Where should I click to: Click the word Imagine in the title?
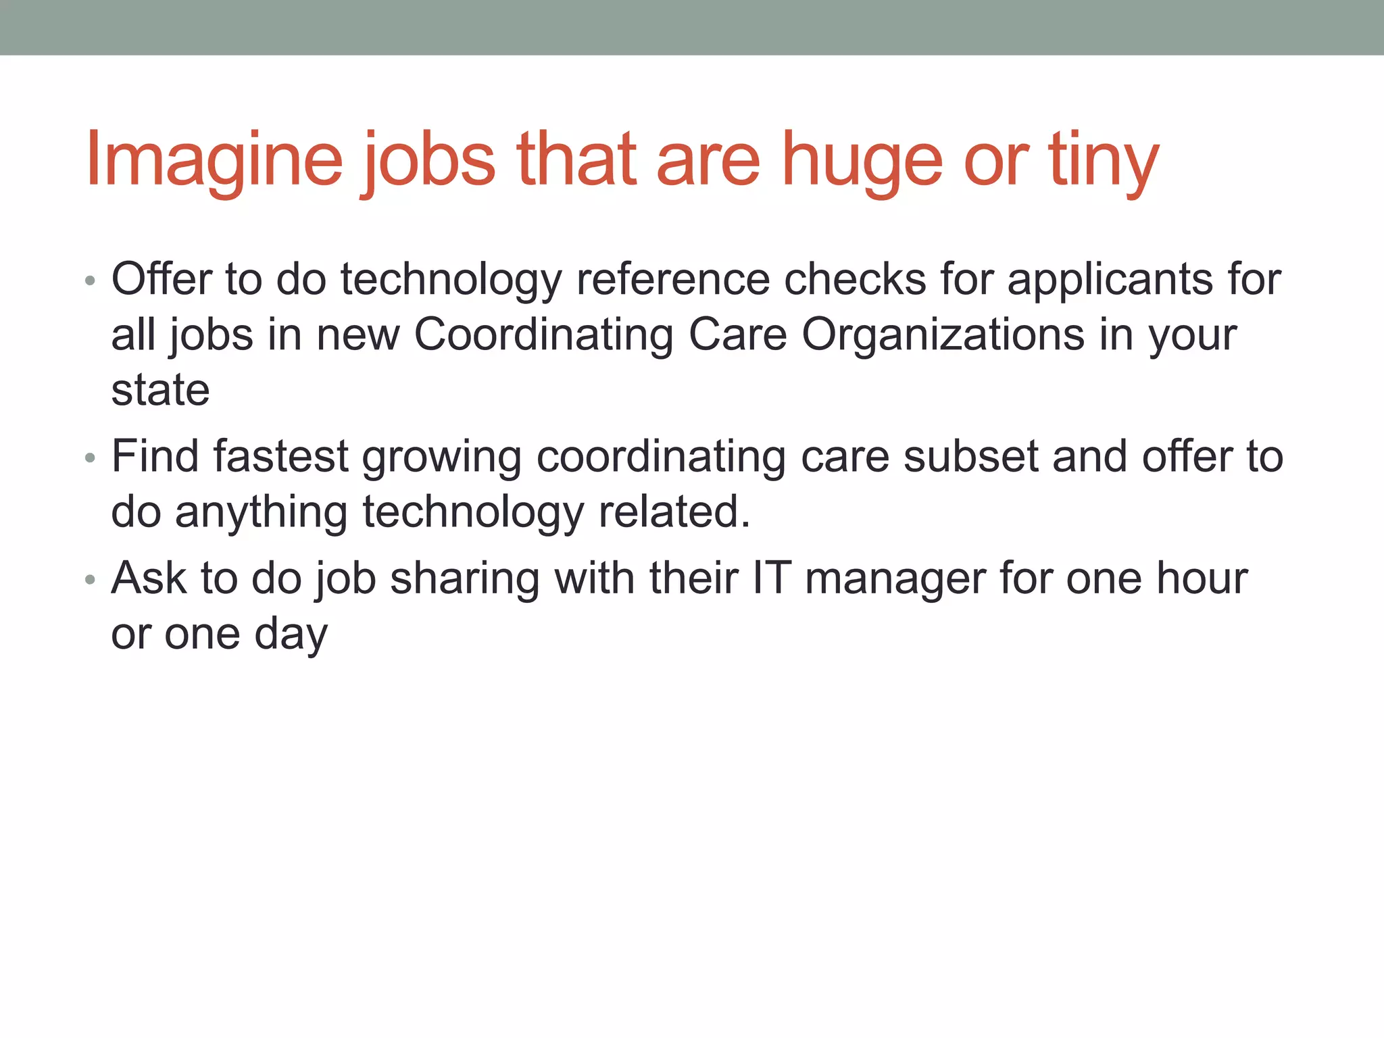(x=214, y=159)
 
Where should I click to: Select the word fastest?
(x=280, y=456)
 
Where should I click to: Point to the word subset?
(x=970, y=456)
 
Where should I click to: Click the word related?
(x=674, y=512)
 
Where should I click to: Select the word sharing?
(x=465, y=579)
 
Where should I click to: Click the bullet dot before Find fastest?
(x=91, y=458)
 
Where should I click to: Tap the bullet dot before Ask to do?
(x=91, y=580)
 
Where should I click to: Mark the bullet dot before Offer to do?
(x=91, y=280)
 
